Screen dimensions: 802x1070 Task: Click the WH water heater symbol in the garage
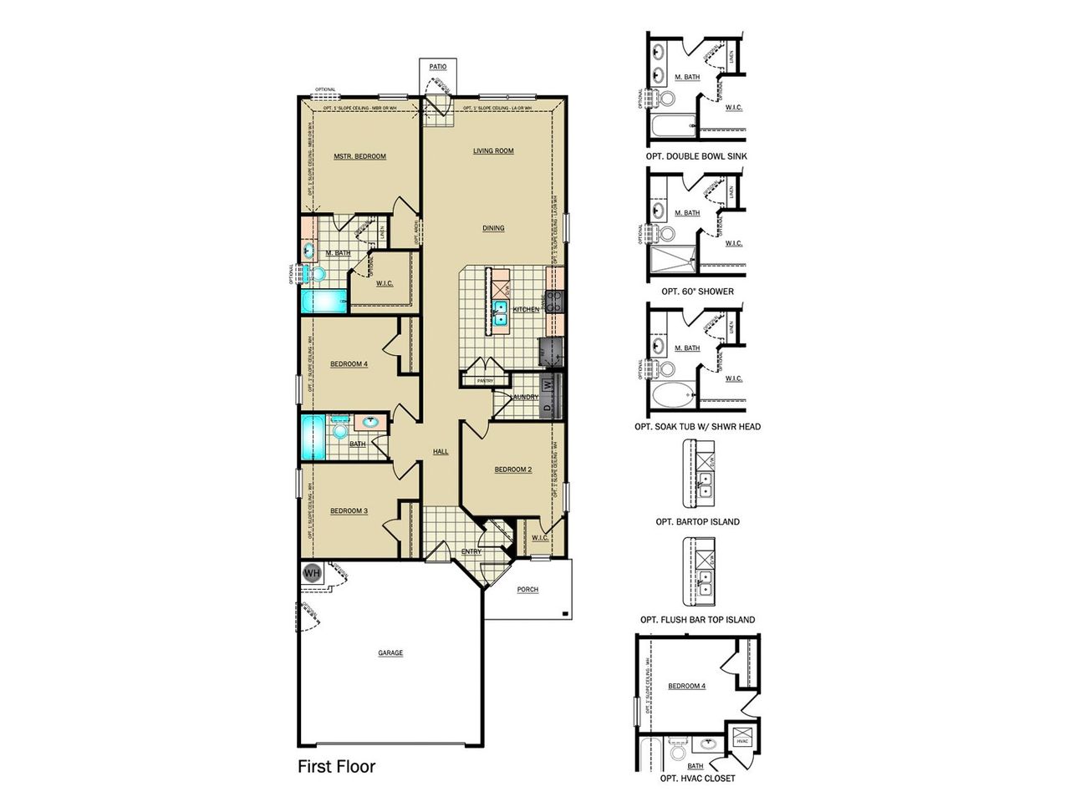(312, 573)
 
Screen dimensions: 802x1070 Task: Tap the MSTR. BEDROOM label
(359, 156)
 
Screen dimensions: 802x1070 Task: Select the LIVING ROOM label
(493, 151)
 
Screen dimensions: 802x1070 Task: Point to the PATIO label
(438, 67)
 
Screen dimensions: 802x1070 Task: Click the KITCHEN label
(526, 309)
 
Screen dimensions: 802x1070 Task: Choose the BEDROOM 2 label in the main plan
(512, 470)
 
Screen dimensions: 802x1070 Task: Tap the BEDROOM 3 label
(349, 510)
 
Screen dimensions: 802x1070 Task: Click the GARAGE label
(390, 652)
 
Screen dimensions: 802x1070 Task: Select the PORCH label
(527, 589)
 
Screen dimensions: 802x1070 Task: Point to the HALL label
(441, 451)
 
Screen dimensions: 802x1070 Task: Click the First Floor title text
(337, 766)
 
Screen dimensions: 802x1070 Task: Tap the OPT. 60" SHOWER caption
(697, 292)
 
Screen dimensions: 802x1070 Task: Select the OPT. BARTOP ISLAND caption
(697, 521)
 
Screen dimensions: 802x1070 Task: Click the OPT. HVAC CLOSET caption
(697, 779)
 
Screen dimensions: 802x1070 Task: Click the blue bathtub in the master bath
(323, 301)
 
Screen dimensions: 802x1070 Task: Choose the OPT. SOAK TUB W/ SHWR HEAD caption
(697, 427)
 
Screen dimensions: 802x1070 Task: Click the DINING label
(493, 228)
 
